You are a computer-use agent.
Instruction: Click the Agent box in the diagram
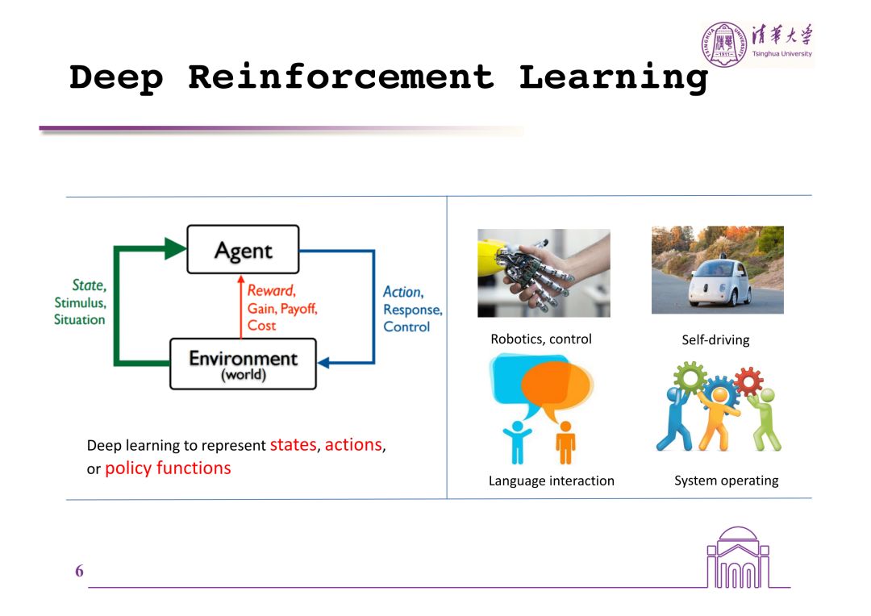pos(243,249)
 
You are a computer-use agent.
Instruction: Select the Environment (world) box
pos(243,364)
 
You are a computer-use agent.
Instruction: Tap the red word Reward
pos(271,291)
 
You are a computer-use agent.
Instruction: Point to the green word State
pos(89,285)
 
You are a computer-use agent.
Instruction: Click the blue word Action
pos(402,292)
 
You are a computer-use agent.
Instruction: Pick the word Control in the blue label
pos(406,327)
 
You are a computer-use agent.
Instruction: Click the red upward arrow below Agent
pos(240,306)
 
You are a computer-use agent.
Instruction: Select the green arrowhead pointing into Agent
pos(175,248)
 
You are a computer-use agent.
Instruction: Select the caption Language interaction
pos(552,481)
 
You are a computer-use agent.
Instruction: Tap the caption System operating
pos(726,481)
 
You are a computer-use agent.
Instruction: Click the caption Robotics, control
pos(541,339)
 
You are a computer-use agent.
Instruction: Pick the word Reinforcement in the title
pos(340,77)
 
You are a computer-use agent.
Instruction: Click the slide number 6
pos(79,572)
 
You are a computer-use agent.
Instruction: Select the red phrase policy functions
pos(168,468)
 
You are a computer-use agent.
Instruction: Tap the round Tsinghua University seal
pos(723,45)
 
